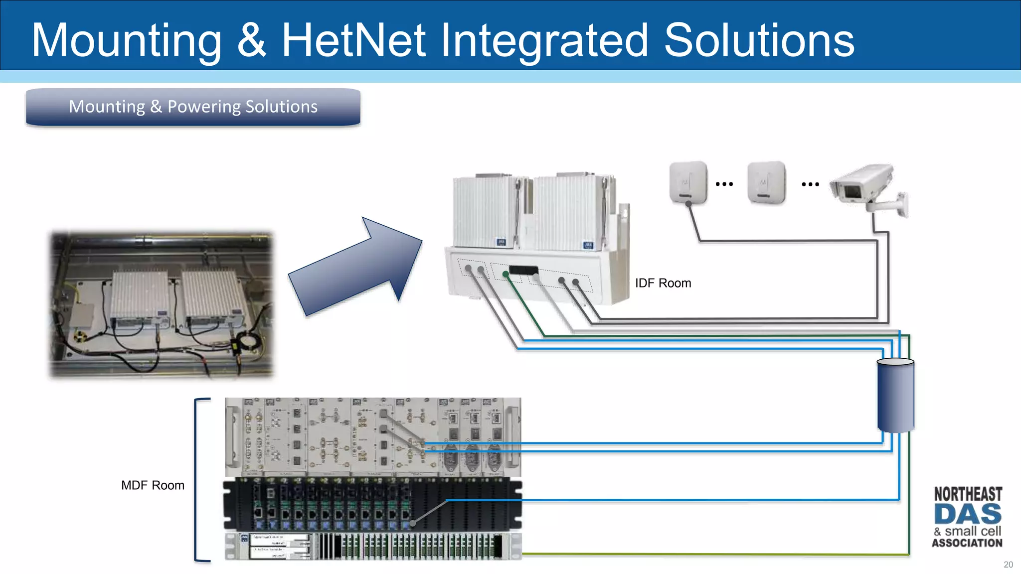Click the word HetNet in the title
(x=353, y=40)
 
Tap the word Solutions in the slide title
(x=759, y=40)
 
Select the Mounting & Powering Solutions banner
(x=193, y=107)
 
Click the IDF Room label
(x=663, y=283)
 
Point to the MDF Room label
(x=153, y=485)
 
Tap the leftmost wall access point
(x=688, y=182)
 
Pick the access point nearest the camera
(x=766, y=182)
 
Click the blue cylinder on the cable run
(x=895, y=395)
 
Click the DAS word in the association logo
(x=967, y=514)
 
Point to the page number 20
(x=1008, y=565)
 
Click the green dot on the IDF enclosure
(x=506, y=274)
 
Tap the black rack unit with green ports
(x=372, y=503)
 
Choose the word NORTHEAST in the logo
(x=968, y=494)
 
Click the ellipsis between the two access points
(x=724, y=184)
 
